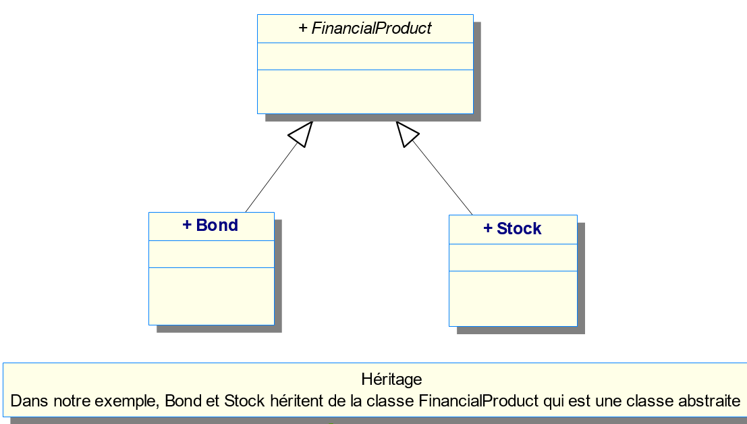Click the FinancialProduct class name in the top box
coord(371,28)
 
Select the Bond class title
coord(217,226)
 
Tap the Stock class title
coord(518,229)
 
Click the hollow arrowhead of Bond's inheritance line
coord(301,134)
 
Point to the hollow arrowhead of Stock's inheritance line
coord(406,134)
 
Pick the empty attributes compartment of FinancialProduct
coord(365,56)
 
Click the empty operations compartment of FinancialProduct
coord(365,91)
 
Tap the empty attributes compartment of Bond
coord(211,254)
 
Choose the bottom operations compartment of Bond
coord(211,296)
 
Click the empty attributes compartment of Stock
coord(513,257)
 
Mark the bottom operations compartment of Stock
coord(513,298)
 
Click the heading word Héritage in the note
coord(391,379)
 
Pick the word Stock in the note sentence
coord(244,401)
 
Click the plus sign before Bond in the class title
coord(187,226)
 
